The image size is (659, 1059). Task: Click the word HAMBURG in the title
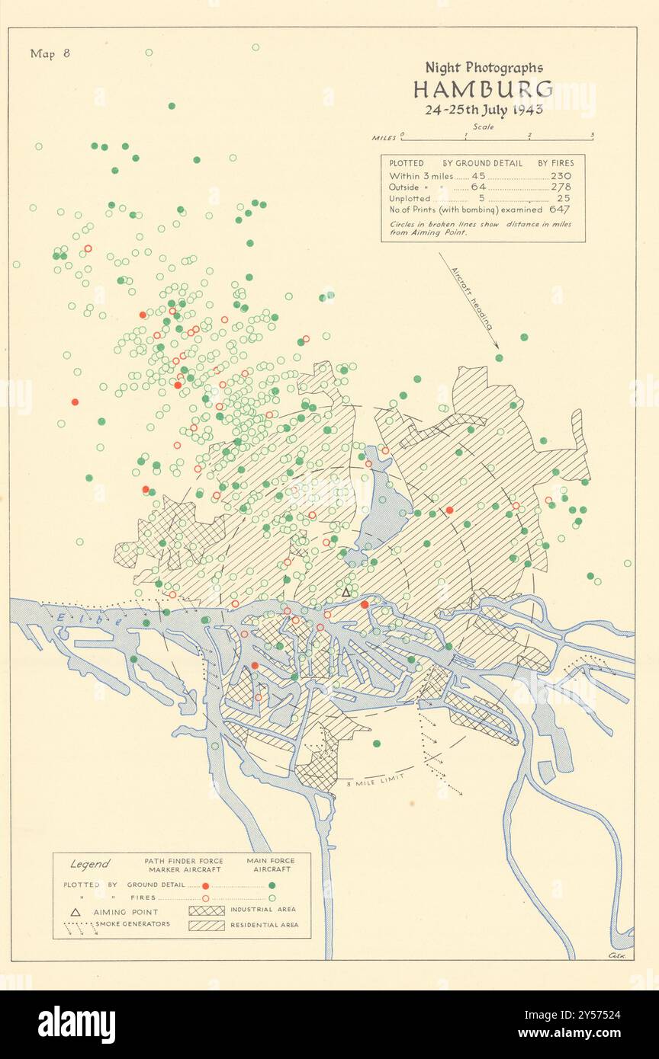tap(484, 89)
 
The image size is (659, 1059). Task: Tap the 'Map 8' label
tap(50, 53)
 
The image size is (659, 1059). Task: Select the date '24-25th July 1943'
tap(484, 109)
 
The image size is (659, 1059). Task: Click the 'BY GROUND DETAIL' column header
tap(483, 163)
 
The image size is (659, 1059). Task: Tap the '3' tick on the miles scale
tap(592, 135)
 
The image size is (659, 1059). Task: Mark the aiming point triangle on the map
tap(346, 592)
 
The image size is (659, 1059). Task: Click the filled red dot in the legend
tap(205, 885)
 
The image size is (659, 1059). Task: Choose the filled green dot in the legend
tap(272, 885)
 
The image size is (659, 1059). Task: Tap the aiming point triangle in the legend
tap(76, 911)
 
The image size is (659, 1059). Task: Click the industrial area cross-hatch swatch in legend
tap(206, 910)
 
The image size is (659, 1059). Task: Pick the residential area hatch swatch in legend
tap(206, 925)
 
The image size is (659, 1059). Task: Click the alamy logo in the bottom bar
tap(76, 1024)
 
